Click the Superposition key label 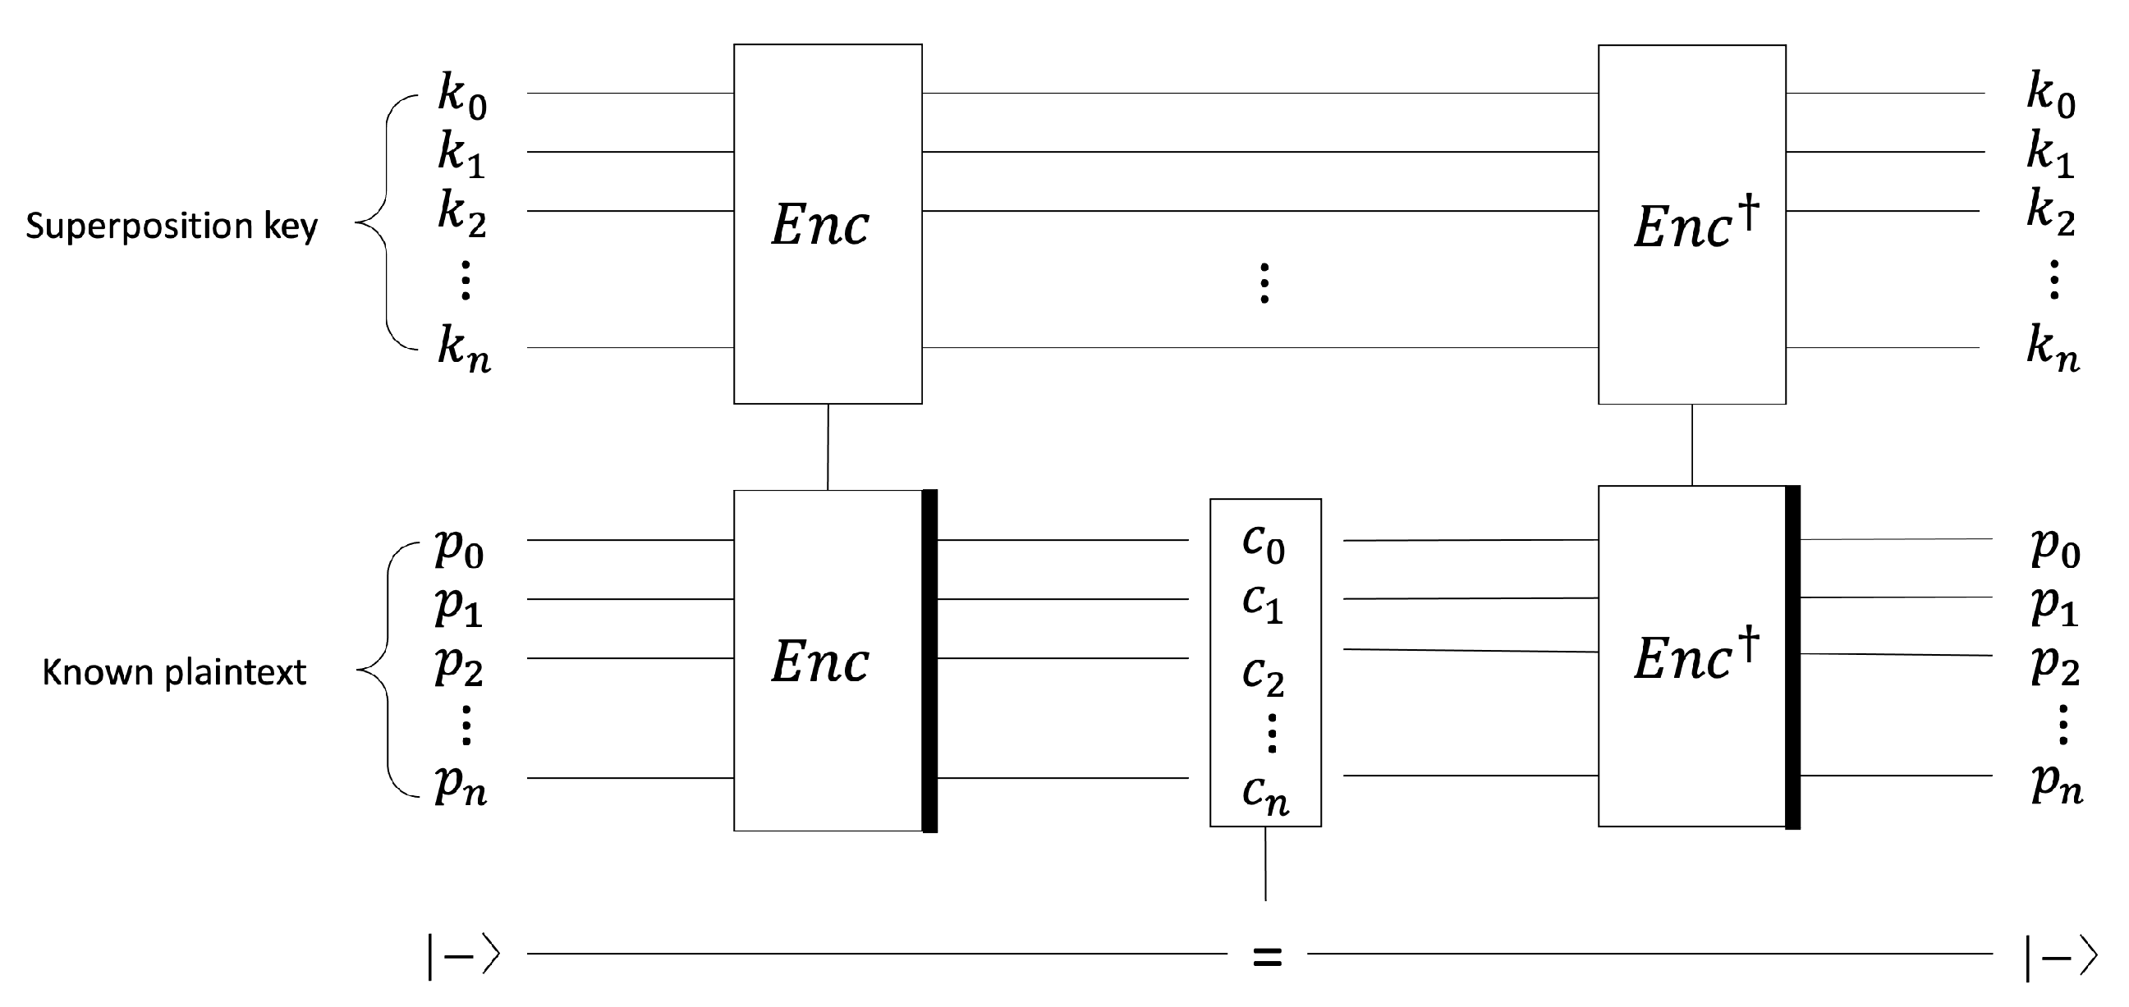coord(171,227)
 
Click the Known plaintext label coord(173,672)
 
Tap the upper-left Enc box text coord(820,225)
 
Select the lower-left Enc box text coord(820,661)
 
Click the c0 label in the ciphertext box coord(1264,543)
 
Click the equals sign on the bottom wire coord(1267,958)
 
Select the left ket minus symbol coord(464,956)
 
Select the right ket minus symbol coord(2061,958)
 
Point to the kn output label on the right coord(2052,350)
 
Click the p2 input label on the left coord(460,665)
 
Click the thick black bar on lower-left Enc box coord(929,661)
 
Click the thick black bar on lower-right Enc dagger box coord(1792,657)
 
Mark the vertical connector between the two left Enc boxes coord(828,447)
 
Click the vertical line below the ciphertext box coord(1265,863)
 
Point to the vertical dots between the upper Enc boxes coord(1264,283)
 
